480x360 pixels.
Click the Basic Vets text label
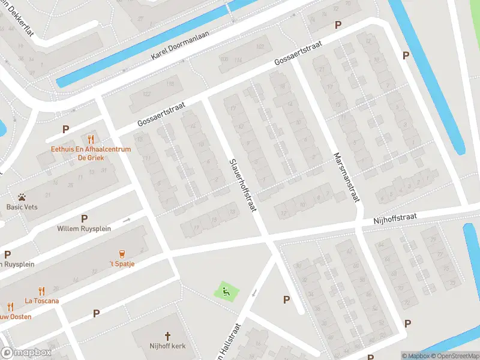coord(22,207)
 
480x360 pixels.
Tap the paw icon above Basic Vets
coord(22,196)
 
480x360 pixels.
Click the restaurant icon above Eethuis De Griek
coord(91,138)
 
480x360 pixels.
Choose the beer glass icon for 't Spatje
coord(122,253)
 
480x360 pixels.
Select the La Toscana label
coord(41,301)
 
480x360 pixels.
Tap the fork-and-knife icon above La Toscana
coord(41,290)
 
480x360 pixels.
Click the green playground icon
coord(226,292)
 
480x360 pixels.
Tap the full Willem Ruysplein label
coord(84,229)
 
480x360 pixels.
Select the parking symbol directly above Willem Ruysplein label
coord(84,218)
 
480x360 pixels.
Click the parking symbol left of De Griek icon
coord(65,129)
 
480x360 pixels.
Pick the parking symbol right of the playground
coord(286,299)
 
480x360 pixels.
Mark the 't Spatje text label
coord(122,264)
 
